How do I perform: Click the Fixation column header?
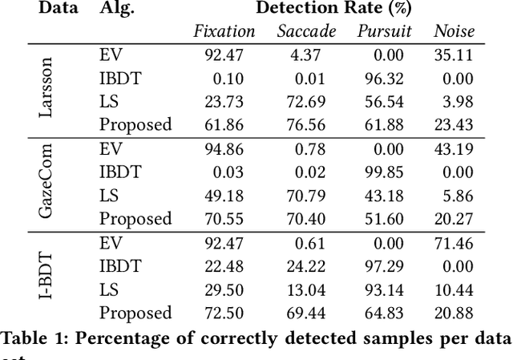pos(224,32)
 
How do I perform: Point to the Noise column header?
pos(454,32)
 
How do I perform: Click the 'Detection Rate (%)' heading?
pos(336,9)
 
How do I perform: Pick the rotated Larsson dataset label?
pos(47,89)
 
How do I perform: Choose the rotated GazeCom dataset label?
pos(47,183)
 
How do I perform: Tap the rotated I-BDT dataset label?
pos(47,277)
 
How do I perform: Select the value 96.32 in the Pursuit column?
pos(390,78)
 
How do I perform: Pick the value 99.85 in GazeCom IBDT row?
pos(390,172)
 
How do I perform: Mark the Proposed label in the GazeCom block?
pos(135,218)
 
